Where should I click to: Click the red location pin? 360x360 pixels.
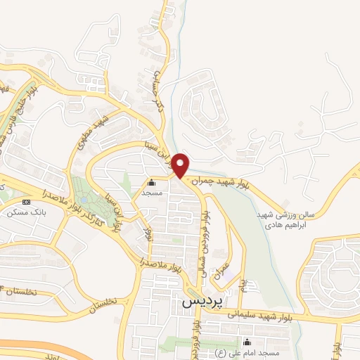(181, 165)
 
